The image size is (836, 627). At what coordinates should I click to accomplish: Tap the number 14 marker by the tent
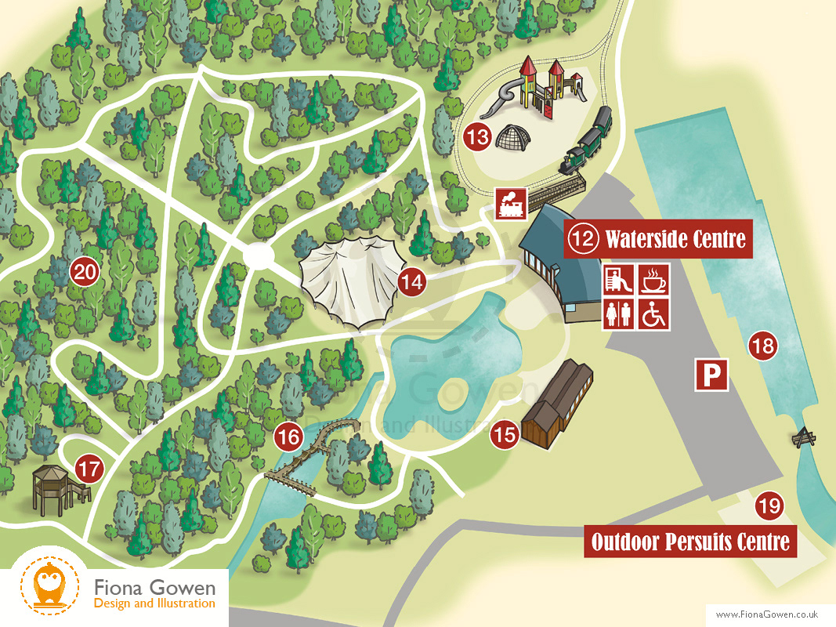click(x=412, y=282)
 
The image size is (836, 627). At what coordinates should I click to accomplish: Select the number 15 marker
click(x=506, y=435)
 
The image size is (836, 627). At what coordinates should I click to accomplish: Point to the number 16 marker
click(x=289, y=437)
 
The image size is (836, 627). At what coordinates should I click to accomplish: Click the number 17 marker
click(x=90, y=470)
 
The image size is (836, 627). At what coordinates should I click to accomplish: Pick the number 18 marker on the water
click(x=762, y=346)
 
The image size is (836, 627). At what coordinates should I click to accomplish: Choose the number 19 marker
click(x=769, y=506)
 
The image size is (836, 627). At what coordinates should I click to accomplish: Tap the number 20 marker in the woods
click(x=85, y=273)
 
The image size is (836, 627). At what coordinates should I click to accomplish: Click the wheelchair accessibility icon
click(x=654, y=314)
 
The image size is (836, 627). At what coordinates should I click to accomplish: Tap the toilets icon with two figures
click(x=618, y=314)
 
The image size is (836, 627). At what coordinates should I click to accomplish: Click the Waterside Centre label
click(x=658, y=238)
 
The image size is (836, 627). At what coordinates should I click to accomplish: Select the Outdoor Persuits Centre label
click(x=690, y=542)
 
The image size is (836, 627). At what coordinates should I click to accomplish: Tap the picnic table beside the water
click(x=804, y=437)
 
